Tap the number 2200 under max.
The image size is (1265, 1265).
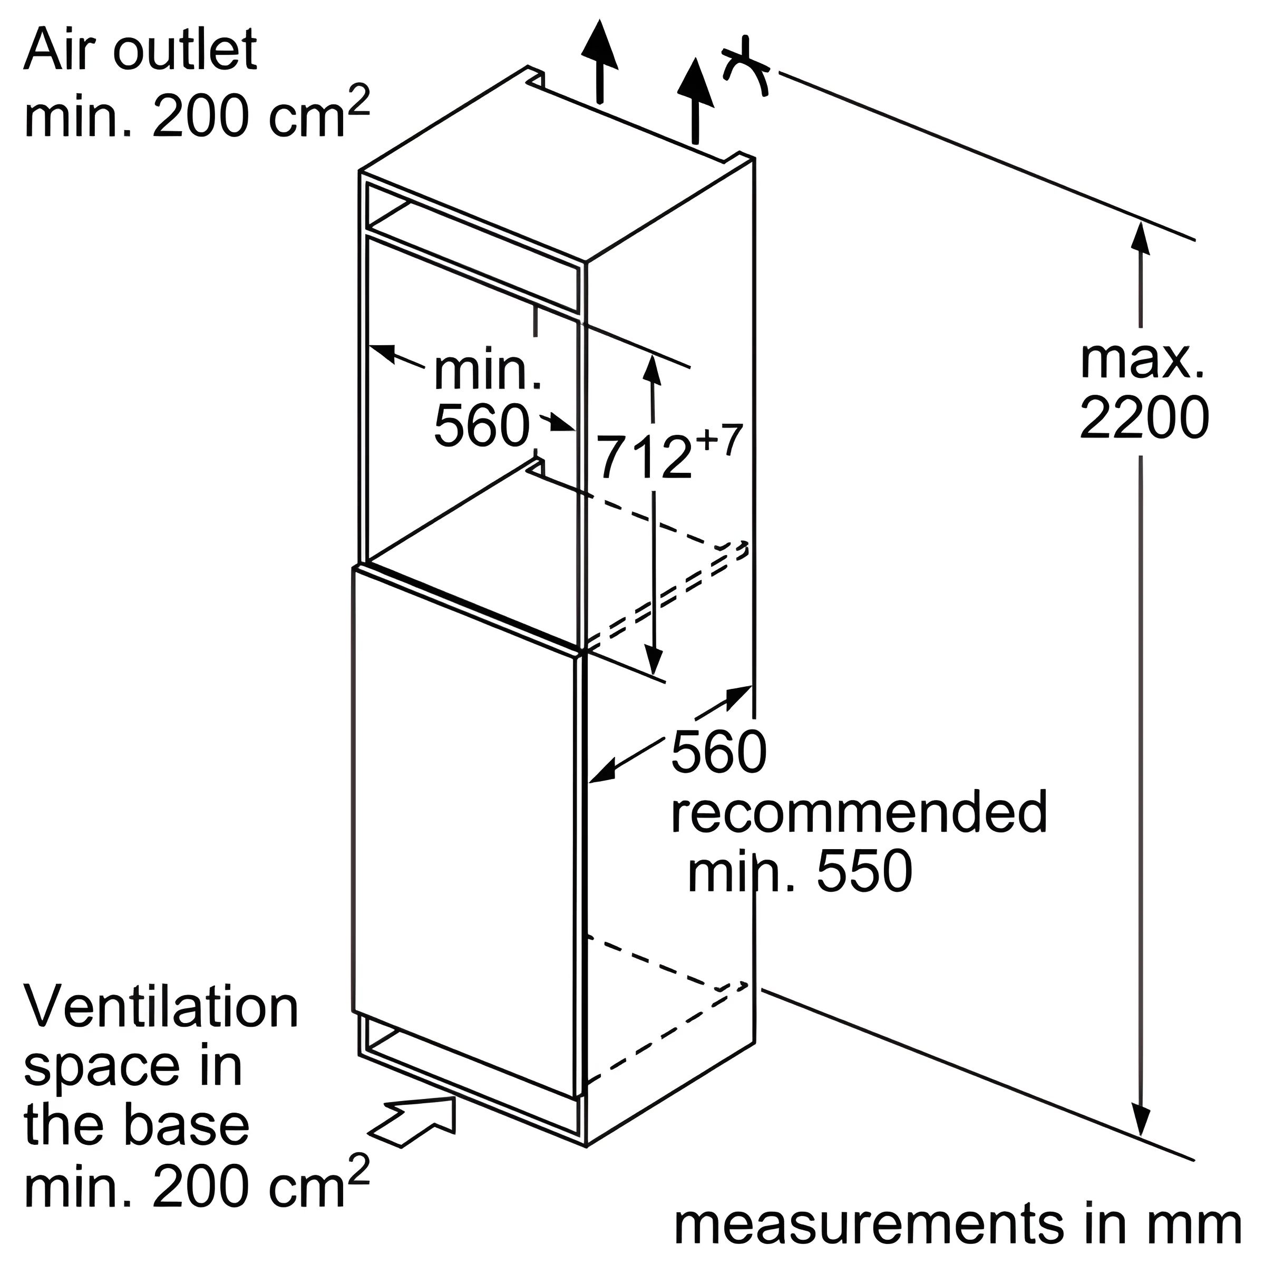click(x=1143, y=418)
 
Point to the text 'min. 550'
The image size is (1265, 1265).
click(x=800, y=871)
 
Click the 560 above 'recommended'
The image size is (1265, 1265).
click(x=718, y=752)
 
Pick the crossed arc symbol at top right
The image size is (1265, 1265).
click(x=746, y=69)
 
